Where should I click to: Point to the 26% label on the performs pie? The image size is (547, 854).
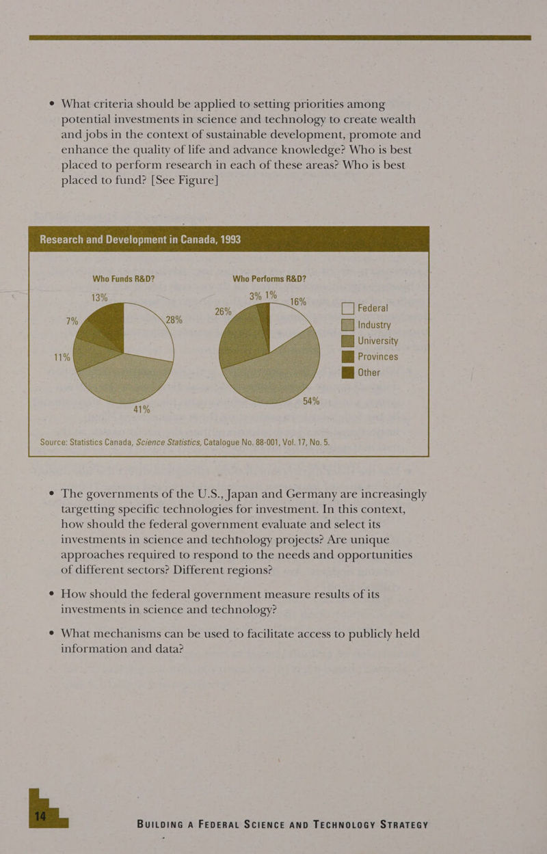224,311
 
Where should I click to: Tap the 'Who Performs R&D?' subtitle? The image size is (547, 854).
269,279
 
